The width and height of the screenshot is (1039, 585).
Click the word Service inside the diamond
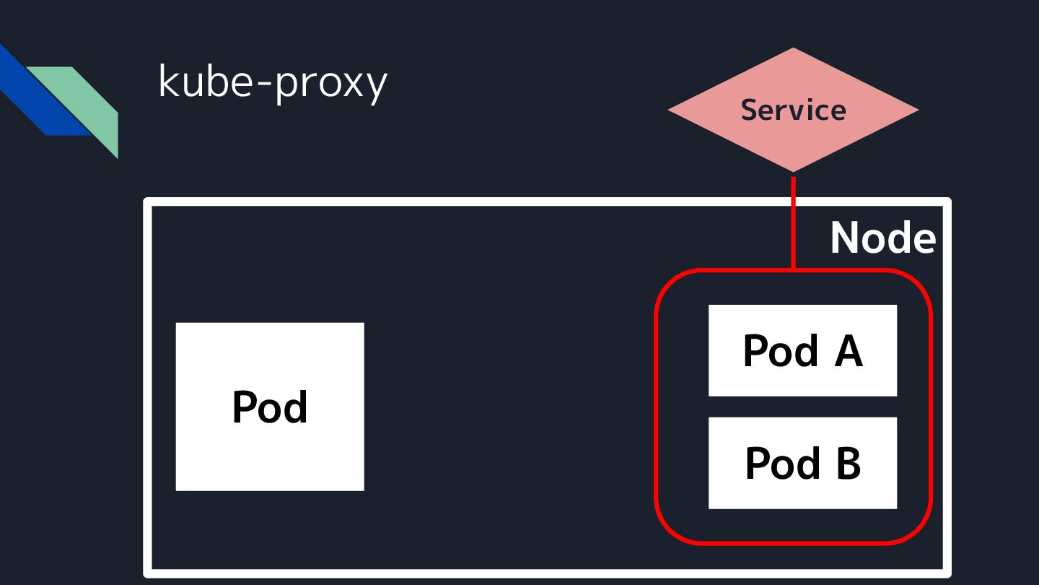click(793, 110)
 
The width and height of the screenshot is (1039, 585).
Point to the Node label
click(882, 238)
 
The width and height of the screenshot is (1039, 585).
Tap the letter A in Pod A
click(849, 351)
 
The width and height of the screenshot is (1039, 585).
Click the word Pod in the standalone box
click(269, 407)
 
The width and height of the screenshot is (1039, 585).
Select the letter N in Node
click(845, 238)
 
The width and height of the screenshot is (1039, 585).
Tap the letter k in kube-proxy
click(167, 82)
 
